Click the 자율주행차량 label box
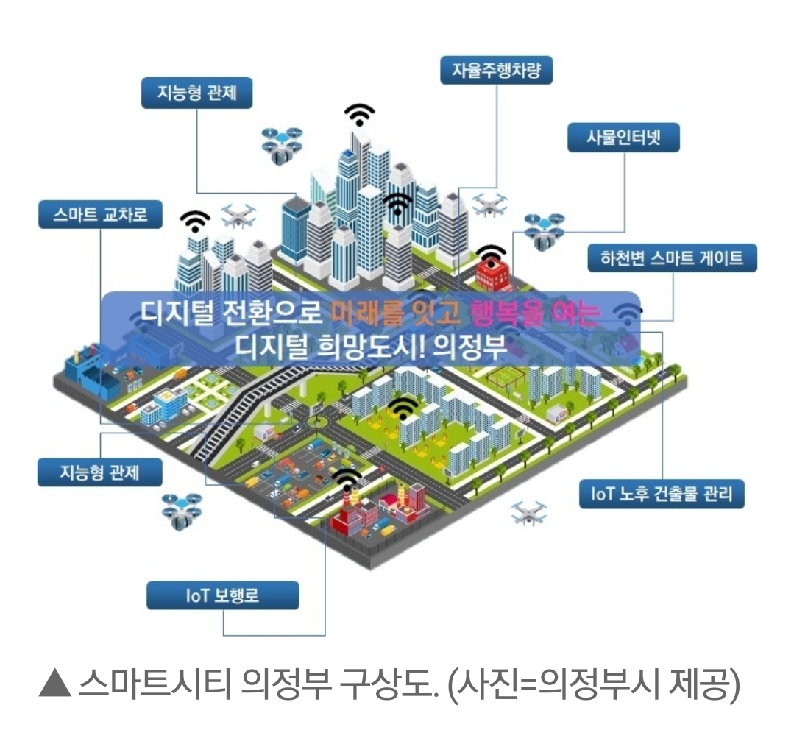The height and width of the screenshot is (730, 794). (x=496, y=71)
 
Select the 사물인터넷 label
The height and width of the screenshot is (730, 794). (x=623, y=138)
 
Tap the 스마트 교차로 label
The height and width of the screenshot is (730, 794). (x=100, y=214)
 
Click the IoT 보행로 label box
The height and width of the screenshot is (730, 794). (x=222, y=595)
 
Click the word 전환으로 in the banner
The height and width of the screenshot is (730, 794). (x=270, y=314)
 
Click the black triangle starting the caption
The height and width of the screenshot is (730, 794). (x=54, y=686)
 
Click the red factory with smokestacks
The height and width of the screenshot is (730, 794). (x=352, y=516)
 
